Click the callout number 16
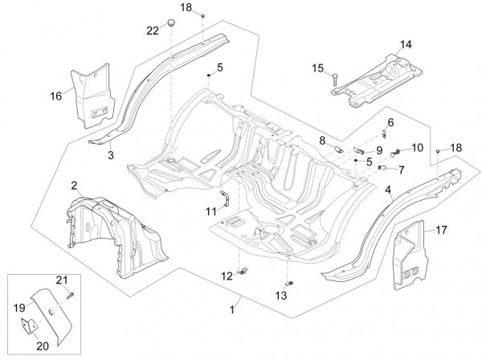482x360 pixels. click(x=55, y=96)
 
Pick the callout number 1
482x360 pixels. click(x=234, y=309)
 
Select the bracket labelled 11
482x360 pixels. click(x=227, y=198)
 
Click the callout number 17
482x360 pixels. click(x=441, y=230)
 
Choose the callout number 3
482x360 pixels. click(x=112, y=153)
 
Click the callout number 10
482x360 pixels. click(x=417, y=147)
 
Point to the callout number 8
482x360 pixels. click(x=321, y=140)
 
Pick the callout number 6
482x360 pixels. click(x=392, y=122)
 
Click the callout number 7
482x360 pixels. click(x=402, y=169)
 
